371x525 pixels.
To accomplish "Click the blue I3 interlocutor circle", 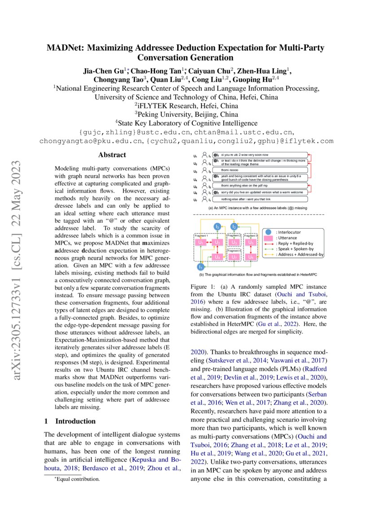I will point(217,227).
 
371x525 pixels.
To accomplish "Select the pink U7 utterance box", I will point(234,257).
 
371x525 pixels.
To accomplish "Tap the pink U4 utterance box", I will point(217,257).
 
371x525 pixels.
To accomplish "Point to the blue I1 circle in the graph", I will point(201,266).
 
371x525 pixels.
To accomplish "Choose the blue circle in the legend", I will point(269,232).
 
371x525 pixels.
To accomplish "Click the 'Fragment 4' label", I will point(234,250).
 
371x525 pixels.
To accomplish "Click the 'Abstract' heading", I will point(112,155).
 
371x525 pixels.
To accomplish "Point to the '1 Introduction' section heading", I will point(70,421).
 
